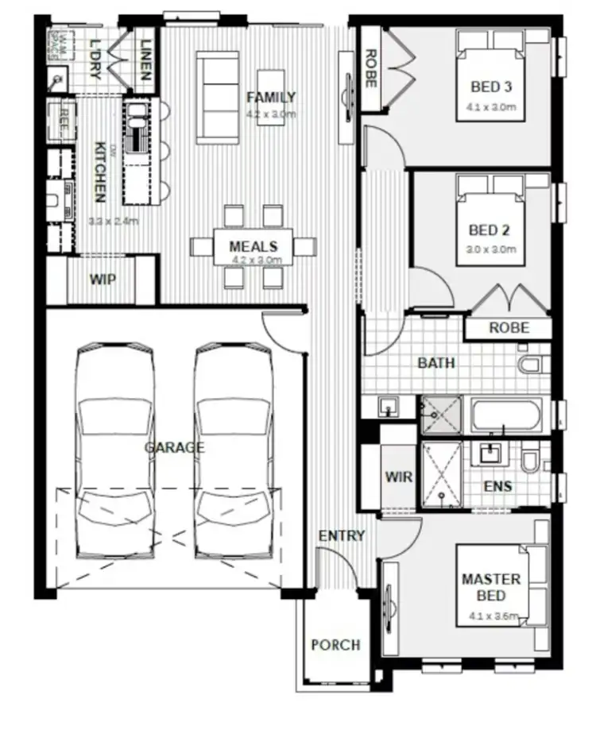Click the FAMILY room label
[270, 98]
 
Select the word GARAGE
[174, 448]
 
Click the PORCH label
[335, 645]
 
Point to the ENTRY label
[342, 535]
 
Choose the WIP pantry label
[102, 280]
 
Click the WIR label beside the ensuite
[398, 477]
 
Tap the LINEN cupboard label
[145, 60]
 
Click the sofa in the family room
[217, 98]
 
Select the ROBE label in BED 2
[509, 327]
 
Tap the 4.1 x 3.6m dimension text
[493, 616]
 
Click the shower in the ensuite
[441, 474]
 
